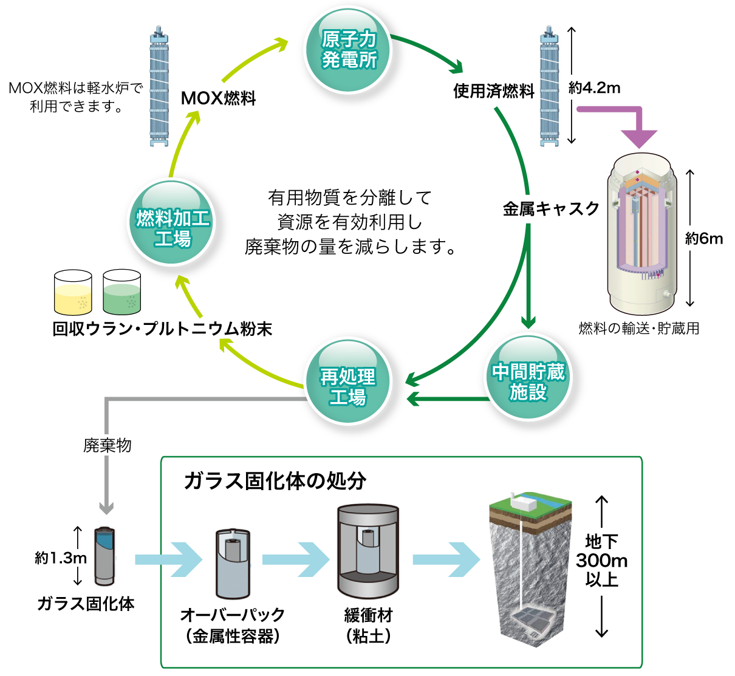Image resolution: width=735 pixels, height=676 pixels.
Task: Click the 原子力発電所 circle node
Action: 348,50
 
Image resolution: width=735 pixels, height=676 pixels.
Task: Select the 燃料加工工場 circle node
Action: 171,222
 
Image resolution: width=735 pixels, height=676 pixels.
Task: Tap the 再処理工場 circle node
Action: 347,381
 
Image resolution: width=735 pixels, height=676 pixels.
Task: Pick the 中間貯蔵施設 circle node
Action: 528,377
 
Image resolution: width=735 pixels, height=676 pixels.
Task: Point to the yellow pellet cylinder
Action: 73,299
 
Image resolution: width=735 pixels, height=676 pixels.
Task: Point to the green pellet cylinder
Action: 122,299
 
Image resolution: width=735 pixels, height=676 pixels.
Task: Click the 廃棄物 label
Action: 108,445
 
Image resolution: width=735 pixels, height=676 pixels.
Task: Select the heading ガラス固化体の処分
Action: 275,480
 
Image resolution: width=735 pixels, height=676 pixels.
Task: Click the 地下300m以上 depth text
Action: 601,560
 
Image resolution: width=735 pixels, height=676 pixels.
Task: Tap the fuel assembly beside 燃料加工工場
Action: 159,86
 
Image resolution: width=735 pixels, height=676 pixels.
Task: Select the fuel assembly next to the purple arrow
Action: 549,86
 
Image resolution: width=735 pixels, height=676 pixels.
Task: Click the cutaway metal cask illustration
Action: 641,234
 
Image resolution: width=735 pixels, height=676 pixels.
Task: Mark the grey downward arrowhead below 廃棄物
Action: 106,507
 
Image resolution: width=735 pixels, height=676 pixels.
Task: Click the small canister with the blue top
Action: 104,556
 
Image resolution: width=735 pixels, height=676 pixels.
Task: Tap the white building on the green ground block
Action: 524,502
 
